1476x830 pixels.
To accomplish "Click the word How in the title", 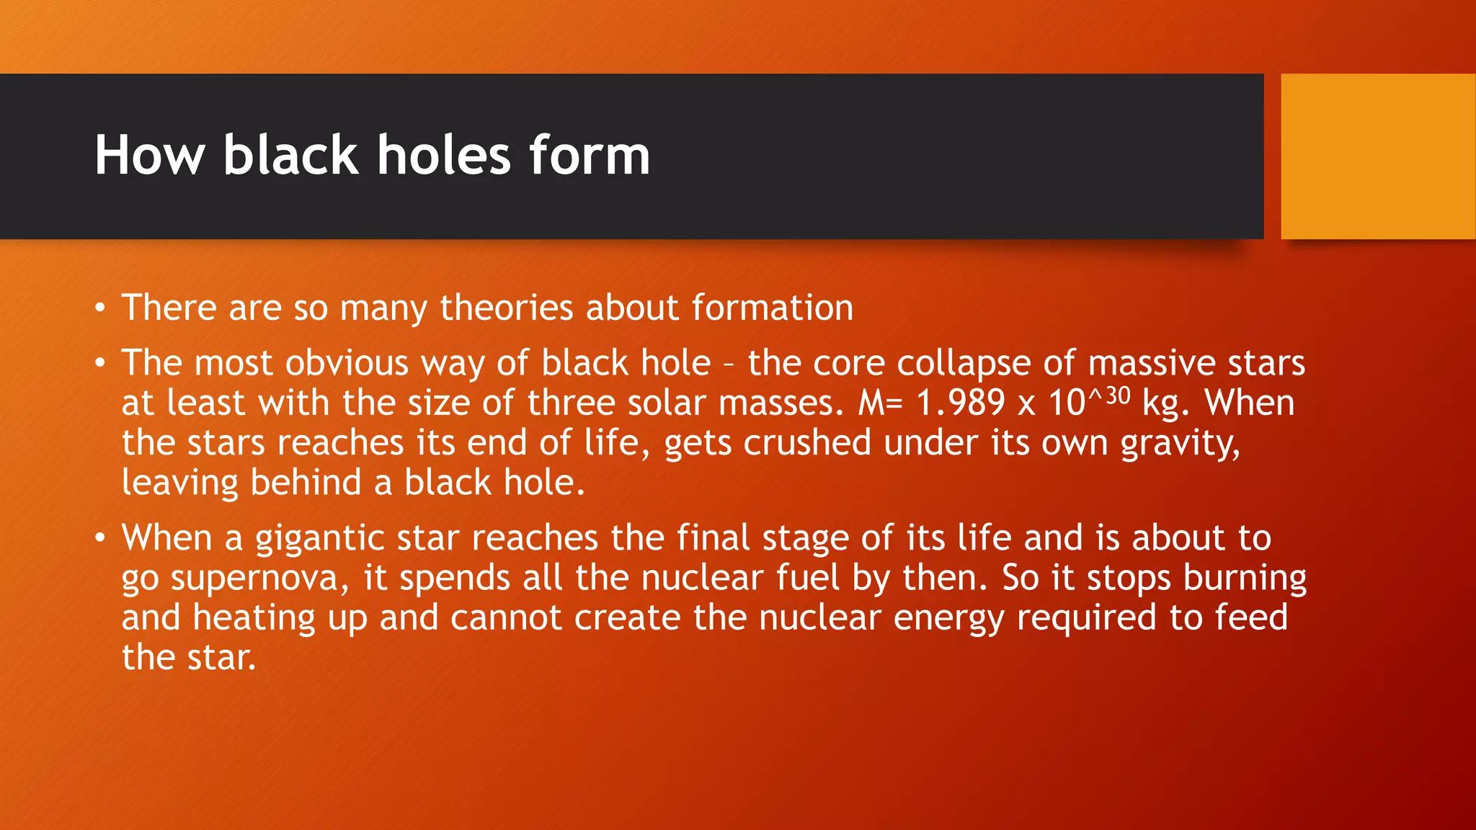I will coord(150,156).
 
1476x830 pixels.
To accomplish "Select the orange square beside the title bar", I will coord(1378,156).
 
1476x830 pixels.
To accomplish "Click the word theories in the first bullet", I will coord(507,308).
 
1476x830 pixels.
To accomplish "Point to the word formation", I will coord(773,308).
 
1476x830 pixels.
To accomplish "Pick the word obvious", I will coord(347,363).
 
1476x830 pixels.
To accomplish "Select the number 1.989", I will coord(960,403).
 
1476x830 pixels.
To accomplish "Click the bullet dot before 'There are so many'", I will coord(100,309).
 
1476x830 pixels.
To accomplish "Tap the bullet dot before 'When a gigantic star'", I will coord(100,538).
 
